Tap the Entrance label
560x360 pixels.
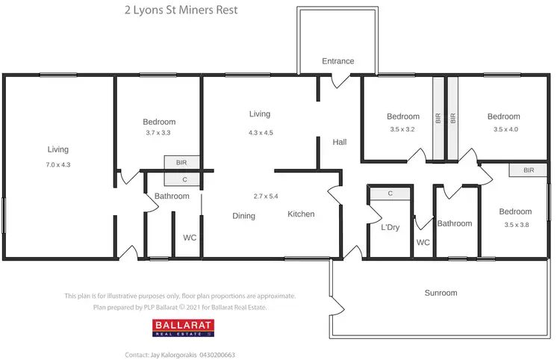click(x=337, y=61)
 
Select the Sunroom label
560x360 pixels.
click(x=441, y=293)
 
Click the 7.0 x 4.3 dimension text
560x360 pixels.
click(x=58, y=164)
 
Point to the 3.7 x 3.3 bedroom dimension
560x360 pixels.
click(x=159, y=133)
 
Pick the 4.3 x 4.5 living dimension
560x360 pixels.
click(x=260, y=133)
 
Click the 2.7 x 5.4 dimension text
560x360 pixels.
click(x=266, y=196)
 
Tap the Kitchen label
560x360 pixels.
click(x=301, y=214)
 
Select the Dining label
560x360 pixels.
click(x=243, y=216)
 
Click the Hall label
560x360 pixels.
click(x=340, y=142)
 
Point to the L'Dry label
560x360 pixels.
click(x=390, y=227)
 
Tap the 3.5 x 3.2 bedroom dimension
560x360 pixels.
click(x=403, y=129)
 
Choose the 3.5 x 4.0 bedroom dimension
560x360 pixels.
click(x=504, y=129)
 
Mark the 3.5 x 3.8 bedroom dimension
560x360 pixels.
click(x=516, y=225)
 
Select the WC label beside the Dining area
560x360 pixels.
click(x=190, y=238)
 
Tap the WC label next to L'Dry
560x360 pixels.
click(x=423, y=243)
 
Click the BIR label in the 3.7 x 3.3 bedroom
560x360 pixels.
click(x=181, y=162)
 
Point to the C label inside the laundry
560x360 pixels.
click(x=390, y=193)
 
